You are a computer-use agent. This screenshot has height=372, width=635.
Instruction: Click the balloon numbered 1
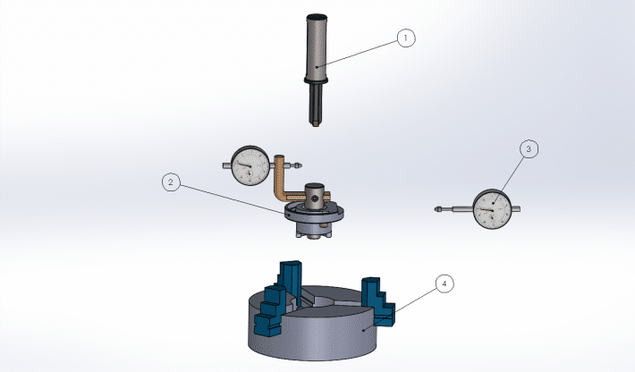point(406,38)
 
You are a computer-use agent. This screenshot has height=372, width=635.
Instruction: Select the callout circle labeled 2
point(171,182)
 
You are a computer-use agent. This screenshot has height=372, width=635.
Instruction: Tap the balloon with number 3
point(529,149)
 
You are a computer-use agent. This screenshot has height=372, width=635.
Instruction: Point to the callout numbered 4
point(444,283)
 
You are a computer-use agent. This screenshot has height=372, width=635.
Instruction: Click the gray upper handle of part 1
point(317,46)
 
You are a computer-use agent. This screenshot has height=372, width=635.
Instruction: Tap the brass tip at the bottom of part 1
point(316,123)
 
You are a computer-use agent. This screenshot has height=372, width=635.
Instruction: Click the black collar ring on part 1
point(316,80)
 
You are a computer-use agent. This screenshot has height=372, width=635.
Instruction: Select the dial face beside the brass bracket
point(250,166)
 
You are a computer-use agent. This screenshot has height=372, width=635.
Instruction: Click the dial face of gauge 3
point(493,209)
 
